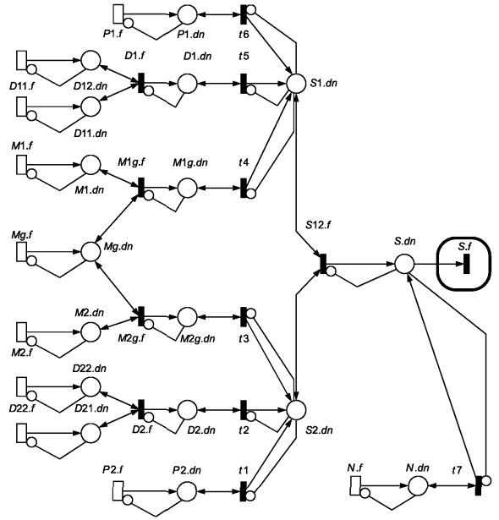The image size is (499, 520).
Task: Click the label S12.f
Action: [318, 225]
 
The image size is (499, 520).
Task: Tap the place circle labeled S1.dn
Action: [296, 84]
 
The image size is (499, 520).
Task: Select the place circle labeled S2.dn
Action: [296, 410]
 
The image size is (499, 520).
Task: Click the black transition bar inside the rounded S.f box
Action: [467, 264]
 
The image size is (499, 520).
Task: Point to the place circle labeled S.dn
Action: [404, 264]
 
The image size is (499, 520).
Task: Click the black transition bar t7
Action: [478, 485]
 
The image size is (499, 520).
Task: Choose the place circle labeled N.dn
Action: [418, 486]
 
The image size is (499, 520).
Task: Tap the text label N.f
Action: [354, 468]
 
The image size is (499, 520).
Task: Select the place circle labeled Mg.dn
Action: [90, 252]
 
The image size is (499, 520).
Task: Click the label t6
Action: [244, 34]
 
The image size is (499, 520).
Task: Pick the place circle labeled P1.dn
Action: [187, 14]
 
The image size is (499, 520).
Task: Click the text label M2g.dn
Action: [198, 339]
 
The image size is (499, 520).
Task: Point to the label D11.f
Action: [22, 86]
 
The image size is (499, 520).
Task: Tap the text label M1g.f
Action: [131, 162]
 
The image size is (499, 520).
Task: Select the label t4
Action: [244, 162]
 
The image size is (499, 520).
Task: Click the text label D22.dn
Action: [90, 369]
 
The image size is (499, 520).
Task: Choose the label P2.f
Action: [112, 470]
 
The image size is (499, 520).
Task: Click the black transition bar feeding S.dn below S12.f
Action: [323, 264]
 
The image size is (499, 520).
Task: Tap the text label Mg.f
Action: [22, 235]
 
